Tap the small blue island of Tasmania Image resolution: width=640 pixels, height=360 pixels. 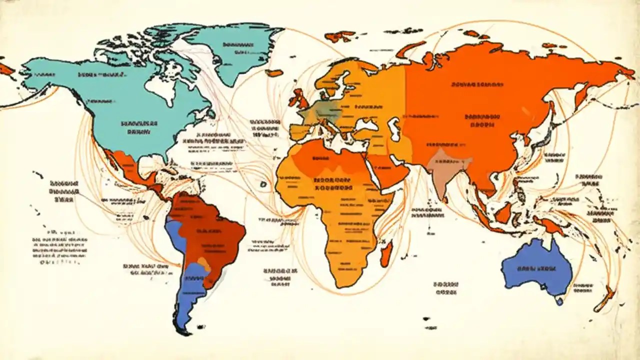click(559, 301)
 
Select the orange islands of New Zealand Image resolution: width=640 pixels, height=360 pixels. click(606, 297)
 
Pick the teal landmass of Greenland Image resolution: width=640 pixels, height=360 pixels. click(235, 50)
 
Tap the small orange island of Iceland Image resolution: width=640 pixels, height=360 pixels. click(274, 73)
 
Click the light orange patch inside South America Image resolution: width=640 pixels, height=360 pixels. click(204, 263)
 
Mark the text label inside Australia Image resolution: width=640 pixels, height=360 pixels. click(536, 269)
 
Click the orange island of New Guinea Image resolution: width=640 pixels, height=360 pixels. click(552, 226)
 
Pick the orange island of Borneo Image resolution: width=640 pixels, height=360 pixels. click(502, 212)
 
